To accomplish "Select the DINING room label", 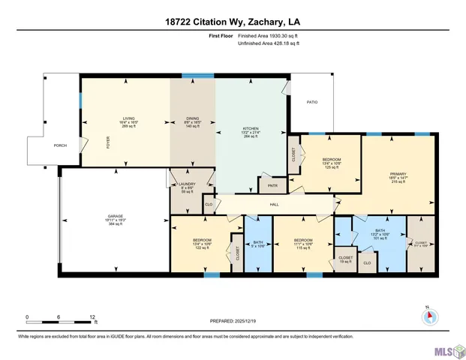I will [x=193, y=118].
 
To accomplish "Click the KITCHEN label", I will [x=250, y=128].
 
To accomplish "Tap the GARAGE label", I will [x=115, y=216].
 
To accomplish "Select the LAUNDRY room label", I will [x=186, y=184].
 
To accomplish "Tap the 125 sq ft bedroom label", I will [x=331, y=160].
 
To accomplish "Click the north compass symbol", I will [x=428, y=315].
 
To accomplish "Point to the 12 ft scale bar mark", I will [x=92, y=316].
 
